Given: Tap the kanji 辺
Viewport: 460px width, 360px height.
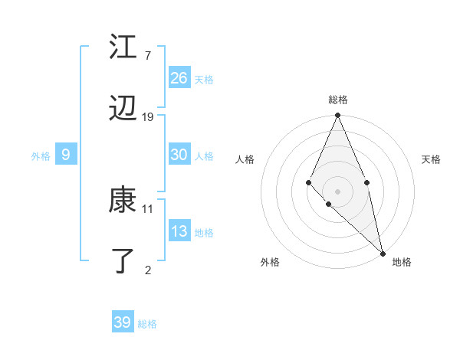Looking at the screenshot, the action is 123,110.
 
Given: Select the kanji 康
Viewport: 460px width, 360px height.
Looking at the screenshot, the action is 123,201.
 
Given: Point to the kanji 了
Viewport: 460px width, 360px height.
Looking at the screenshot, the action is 123,261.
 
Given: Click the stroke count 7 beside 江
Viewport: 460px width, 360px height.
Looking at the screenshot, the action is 147,55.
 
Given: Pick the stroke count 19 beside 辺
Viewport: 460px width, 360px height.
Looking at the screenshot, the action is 148,117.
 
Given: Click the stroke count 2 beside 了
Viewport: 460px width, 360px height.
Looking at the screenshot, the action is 147,269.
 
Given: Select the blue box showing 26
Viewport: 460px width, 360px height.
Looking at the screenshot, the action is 179,78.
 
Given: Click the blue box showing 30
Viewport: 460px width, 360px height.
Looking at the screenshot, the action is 179,155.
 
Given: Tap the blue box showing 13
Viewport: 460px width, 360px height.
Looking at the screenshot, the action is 179,231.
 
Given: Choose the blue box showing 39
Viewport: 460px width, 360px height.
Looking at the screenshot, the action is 123,322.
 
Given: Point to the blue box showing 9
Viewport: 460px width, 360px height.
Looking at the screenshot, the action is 66,155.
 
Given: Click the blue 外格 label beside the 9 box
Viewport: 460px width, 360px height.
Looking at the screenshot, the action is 41,156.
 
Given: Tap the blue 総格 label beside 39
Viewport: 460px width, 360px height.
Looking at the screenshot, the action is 147,324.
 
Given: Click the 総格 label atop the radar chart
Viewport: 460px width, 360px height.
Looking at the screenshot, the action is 338,100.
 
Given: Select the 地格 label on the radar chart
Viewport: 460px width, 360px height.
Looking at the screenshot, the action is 402,263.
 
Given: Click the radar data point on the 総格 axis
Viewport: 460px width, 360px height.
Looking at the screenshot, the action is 337,116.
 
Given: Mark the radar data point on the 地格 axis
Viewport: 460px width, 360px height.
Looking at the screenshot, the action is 382,253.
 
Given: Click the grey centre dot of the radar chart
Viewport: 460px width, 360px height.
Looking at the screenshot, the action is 337,191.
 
